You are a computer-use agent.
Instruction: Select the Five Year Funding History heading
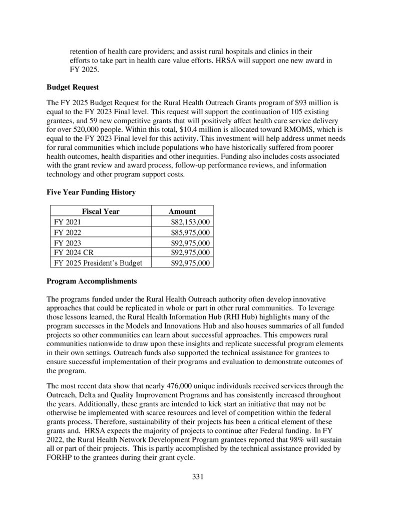(91, 192)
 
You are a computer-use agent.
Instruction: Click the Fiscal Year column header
(101, 211)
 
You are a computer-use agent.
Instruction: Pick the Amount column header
(182, 211)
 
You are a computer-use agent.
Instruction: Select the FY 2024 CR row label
(73, 252)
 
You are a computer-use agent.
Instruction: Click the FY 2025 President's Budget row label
(98, 263)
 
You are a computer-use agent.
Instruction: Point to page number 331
(198, 476)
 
